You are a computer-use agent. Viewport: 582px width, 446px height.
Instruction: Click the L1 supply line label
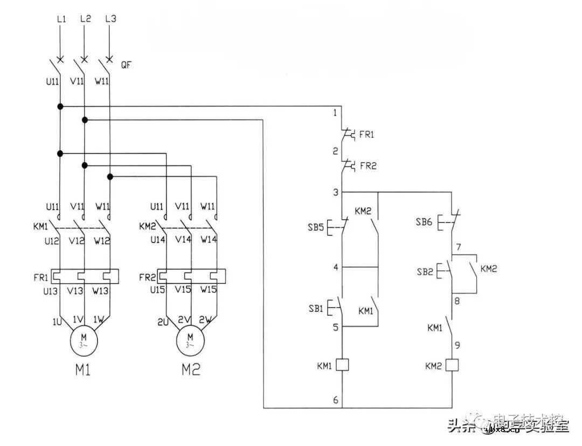pos(61,19)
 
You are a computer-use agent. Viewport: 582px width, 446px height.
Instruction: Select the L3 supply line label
pos(110,19)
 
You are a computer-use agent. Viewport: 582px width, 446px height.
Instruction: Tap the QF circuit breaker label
pos(126,65)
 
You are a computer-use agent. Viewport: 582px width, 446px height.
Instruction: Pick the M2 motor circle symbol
pos(190,340)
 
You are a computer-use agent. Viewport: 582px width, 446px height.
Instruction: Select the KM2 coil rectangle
pos(452,366)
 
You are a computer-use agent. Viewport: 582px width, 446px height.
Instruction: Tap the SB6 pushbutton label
pos(424,221)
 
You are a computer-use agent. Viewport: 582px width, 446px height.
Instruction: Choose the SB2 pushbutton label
pos(424,272)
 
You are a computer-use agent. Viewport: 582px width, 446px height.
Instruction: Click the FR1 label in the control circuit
pos(367,135)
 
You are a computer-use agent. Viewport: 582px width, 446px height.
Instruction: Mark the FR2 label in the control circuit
pos(368,166)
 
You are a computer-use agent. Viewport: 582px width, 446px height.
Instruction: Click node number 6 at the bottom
pos(335,400)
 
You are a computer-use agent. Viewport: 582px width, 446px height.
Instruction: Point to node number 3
pos(335,192)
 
